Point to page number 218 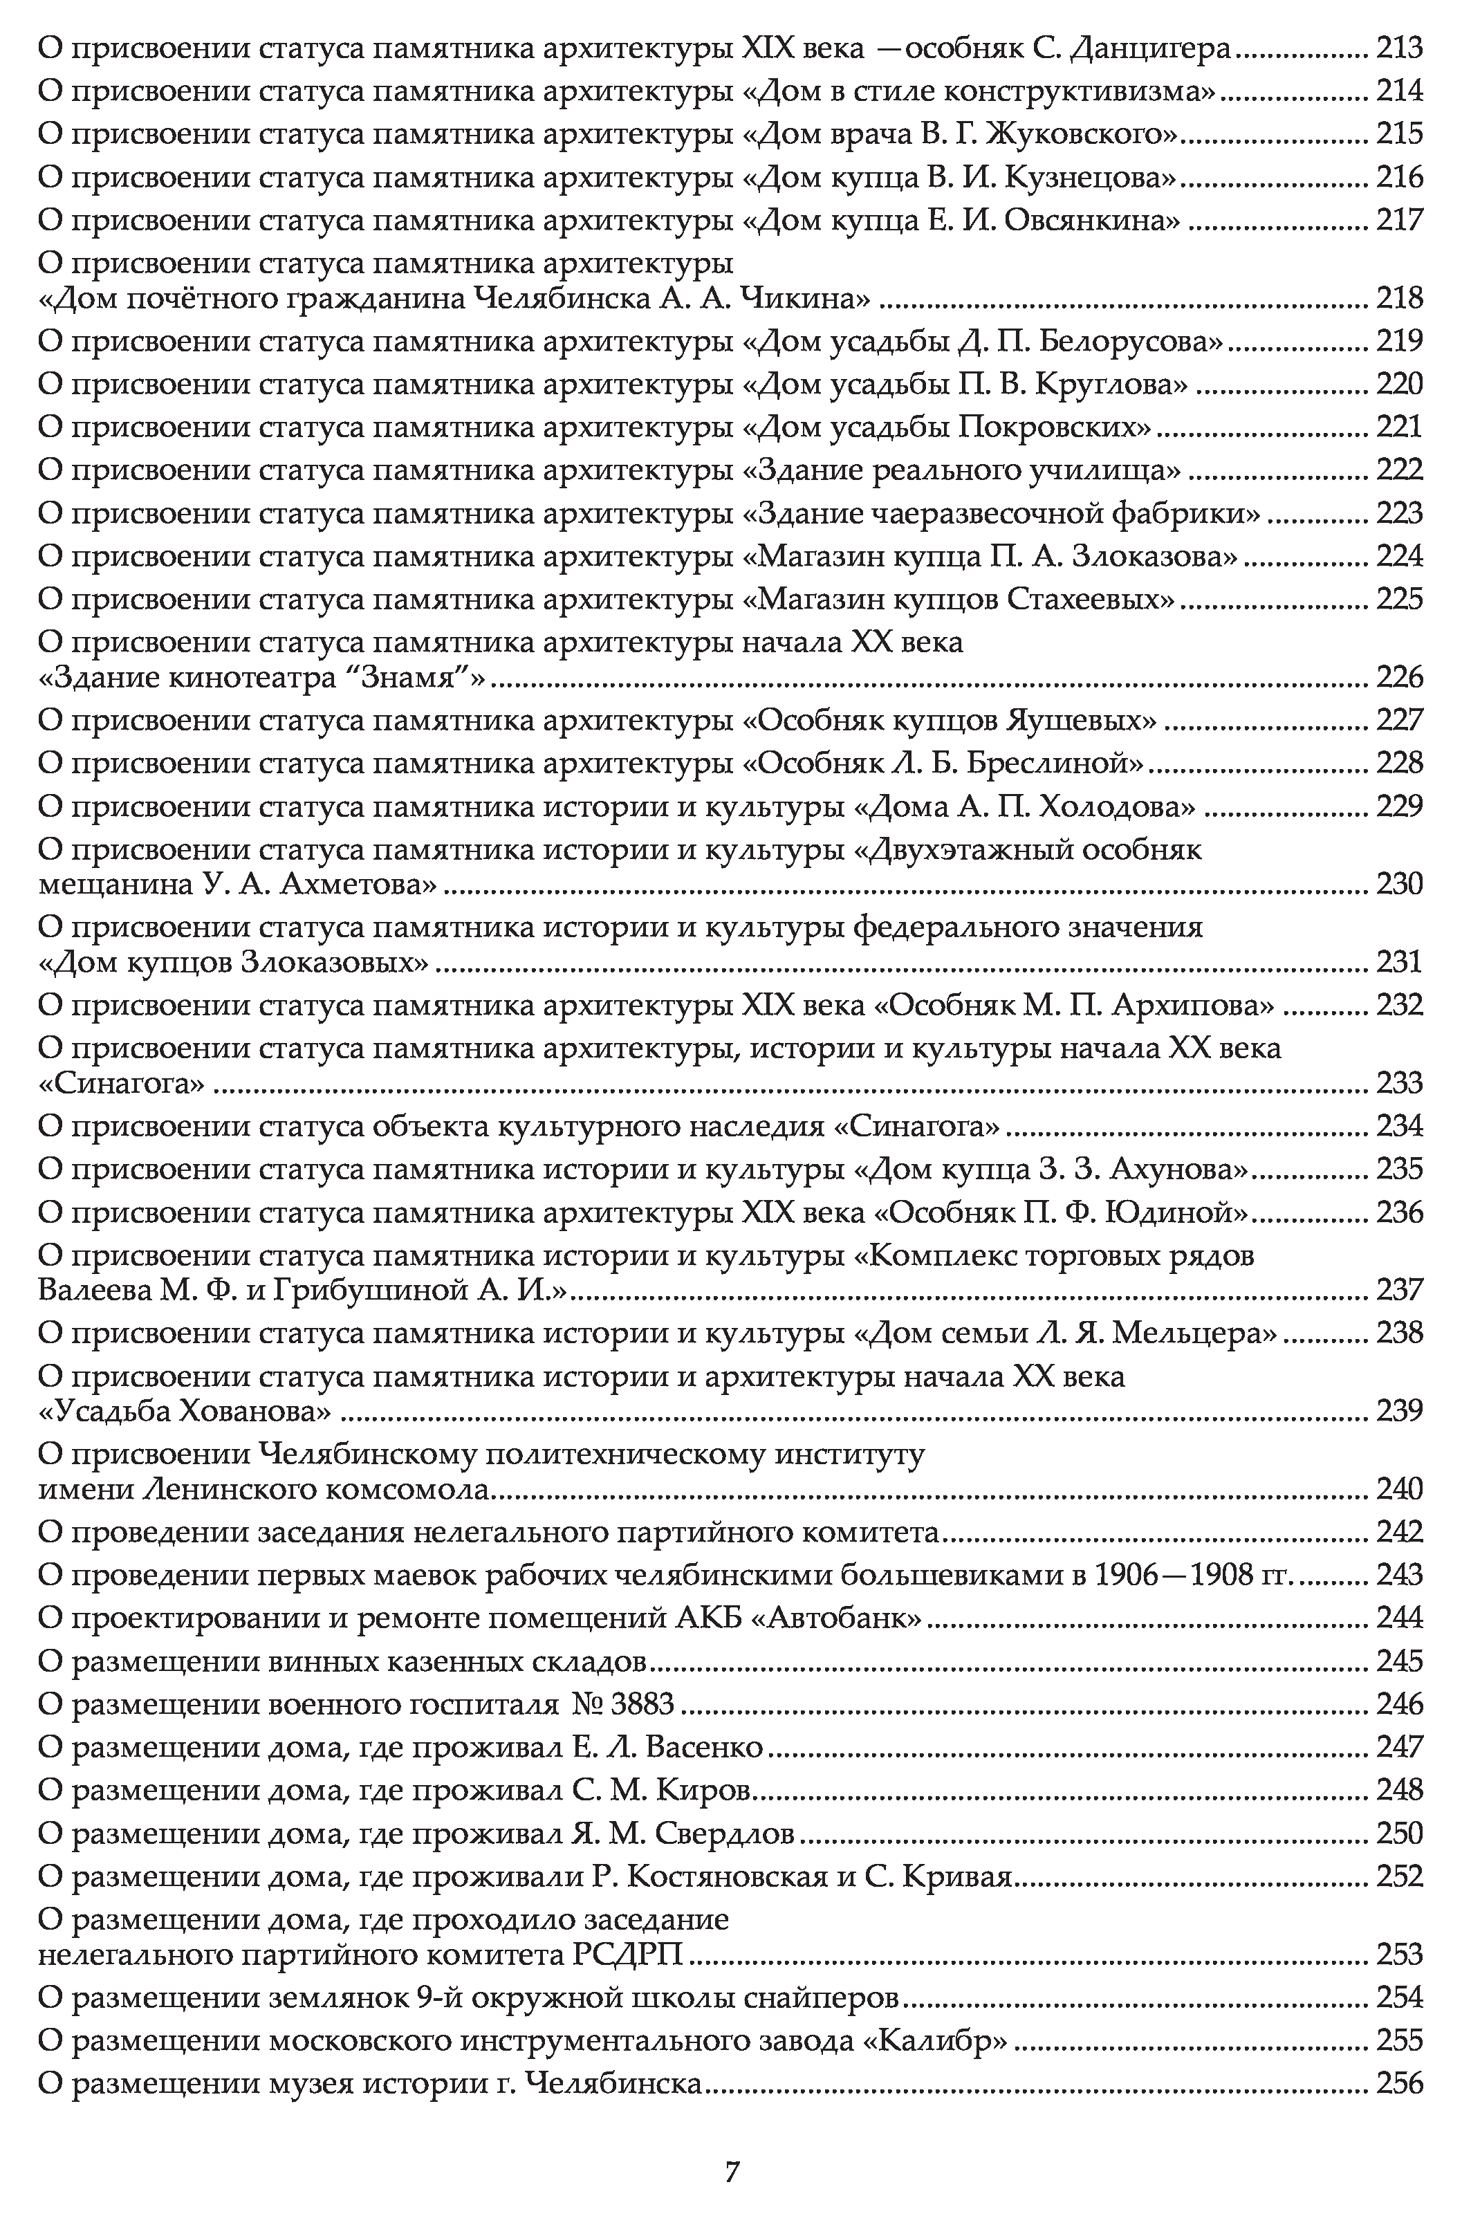[1398, 298]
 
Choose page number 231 [1398, 962]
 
